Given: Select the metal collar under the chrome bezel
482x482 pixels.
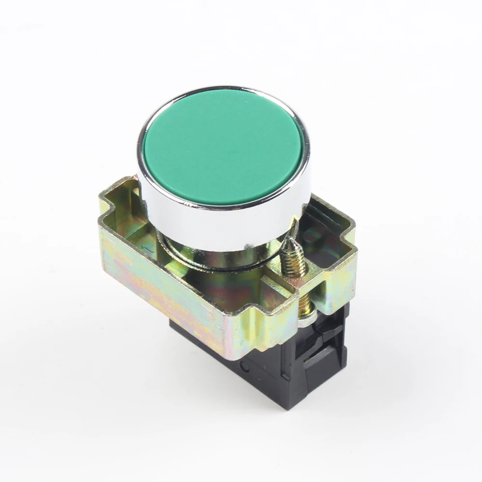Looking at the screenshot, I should [x=217, y=260].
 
